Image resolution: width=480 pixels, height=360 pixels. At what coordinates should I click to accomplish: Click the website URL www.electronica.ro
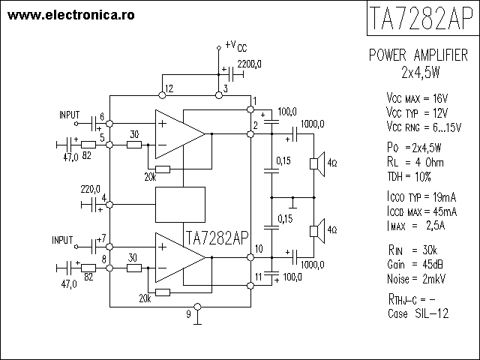click(72, 14)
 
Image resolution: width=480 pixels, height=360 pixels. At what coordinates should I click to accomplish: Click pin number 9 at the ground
click(189, 315)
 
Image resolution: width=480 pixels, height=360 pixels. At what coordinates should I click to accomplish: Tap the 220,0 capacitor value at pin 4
click(91, 189)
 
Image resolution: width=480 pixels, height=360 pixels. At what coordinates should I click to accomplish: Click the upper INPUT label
click(70, 115)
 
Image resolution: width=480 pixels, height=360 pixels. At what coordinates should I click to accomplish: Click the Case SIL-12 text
click(418, 313)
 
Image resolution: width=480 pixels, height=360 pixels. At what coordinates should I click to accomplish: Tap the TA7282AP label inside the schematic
click(216, 238)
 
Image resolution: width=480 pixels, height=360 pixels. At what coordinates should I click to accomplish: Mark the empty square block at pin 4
click(179, 204)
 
